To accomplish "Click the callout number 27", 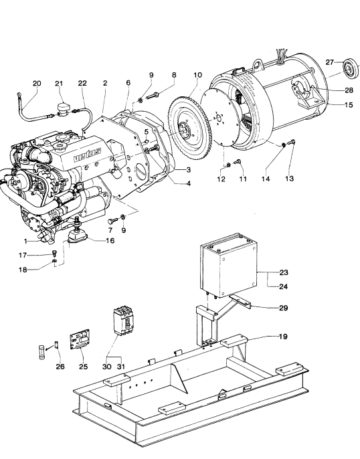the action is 330,62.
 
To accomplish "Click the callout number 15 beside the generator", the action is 349,104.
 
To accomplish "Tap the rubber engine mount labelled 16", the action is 78,232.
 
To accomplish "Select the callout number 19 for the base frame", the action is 283,337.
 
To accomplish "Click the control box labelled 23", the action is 228,266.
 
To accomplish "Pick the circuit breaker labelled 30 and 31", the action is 124,320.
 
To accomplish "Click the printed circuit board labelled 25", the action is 80,339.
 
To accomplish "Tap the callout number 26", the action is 60,367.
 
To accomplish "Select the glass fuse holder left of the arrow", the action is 42,352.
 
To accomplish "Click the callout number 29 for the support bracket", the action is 283,308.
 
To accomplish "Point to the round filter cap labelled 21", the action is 63,108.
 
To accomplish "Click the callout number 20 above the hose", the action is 37,84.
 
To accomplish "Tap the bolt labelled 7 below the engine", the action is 113,220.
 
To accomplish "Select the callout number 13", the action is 289,178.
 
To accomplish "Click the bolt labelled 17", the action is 54,253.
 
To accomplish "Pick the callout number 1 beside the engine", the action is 25,241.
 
